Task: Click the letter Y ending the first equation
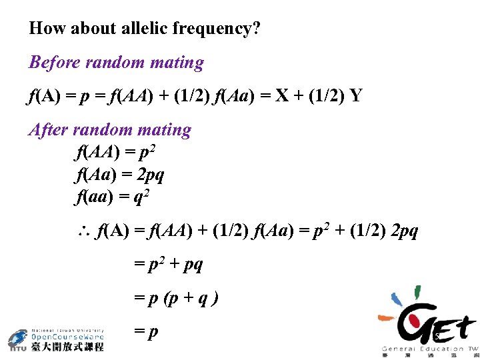pyautogui.click(x=356, y=96)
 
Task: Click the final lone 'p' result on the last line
pyautogui.click(x=153, y=331)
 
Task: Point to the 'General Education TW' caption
pyautogui.click(x=429, y=349)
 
